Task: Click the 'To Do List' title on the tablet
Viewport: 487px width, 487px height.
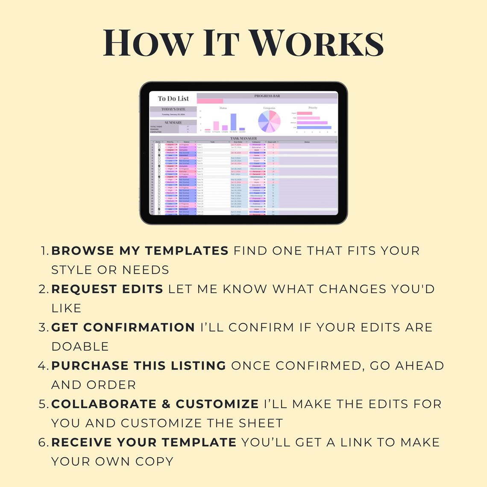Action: pyautogui.click(x=173, y=99)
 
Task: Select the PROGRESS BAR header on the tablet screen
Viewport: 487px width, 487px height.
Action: pyautogui.click(x=267, y=96)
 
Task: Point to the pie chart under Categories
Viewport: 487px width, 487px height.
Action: pyautogui.click(x=269, y=121)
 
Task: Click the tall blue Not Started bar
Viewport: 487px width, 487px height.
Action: pyautogui.click(x=233, y=122)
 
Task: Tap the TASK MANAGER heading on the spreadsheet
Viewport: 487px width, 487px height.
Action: pyautogui.click(x=243, y=138)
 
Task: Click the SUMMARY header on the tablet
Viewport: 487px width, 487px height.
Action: pyautogui.click(x=173, y=123)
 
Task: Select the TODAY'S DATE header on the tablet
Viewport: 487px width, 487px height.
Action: pyautogui.click(x=173, y=109)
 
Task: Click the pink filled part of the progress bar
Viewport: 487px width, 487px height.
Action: pyautogui.click(x=210, y=101)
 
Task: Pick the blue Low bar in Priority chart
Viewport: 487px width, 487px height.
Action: pyautogui.click(x=314, y=127)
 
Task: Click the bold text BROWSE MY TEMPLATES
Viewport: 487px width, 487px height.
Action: pyautogui.click(x=140, y=251)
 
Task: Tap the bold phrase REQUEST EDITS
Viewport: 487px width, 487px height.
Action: pyautogui.click(x=107, y=289)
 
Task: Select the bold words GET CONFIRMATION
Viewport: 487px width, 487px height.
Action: pyautogui.click(x=123, y=328)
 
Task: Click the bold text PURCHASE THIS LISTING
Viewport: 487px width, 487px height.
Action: pyautogui.click(x=138, y=366)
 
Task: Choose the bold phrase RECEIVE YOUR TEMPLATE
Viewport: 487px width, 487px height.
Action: pyautogui.click(x=144, y=443)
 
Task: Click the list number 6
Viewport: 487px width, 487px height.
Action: pyautogui.click(x=42, y=443)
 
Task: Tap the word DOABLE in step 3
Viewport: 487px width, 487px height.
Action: pyautogui.click(x=80, y=346)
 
